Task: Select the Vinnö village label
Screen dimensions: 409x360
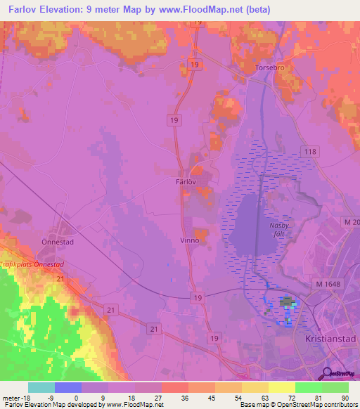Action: (x=191, y=240)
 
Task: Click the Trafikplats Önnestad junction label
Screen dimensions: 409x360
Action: (x=32, y=264)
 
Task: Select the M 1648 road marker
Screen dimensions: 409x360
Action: (x=326, y=283)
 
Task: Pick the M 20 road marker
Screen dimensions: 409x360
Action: (x=352, y=223)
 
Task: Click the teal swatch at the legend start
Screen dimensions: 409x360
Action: (x=41, y=387)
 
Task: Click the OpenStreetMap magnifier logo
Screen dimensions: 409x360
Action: (x=324, y=372)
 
